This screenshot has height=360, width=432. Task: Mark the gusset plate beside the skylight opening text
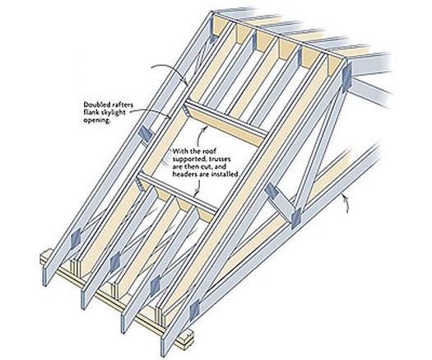(146, 131)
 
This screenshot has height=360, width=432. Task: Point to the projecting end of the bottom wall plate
(187, 337)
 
